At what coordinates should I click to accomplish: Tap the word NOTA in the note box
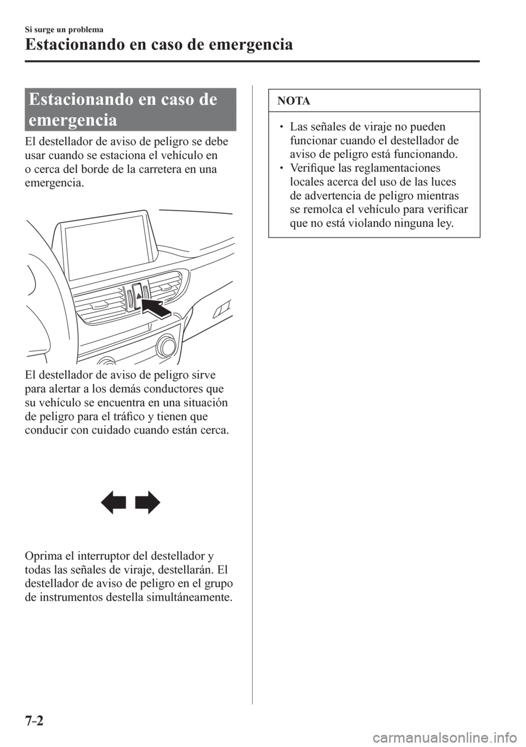(x=295, y=101)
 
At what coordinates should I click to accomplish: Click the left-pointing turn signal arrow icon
(x=115, y=503)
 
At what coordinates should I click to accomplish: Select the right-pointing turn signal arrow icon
(x=148, y=503)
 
